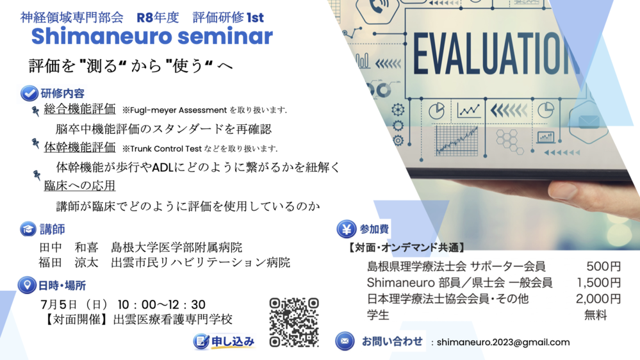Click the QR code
coord(294,322)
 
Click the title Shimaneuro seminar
coord(152,37)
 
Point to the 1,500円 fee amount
coord(598,282)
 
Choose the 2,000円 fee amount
coord(598,299)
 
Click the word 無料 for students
coord(595,315)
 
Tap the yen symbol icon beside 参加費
coord(347,229)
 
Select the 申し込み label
coord(233,341)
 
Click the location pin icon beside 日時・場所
coord(27,285)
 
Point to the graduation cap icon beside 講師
coord(28,229)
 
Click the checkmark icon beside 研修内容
coord(29,94)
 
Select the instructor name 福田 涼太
coord(69,263)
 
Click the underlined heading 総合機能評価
coord(79,110)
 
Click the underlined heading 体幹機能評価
coord(79,148)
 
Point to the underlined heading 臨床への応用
coord(79,186)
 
